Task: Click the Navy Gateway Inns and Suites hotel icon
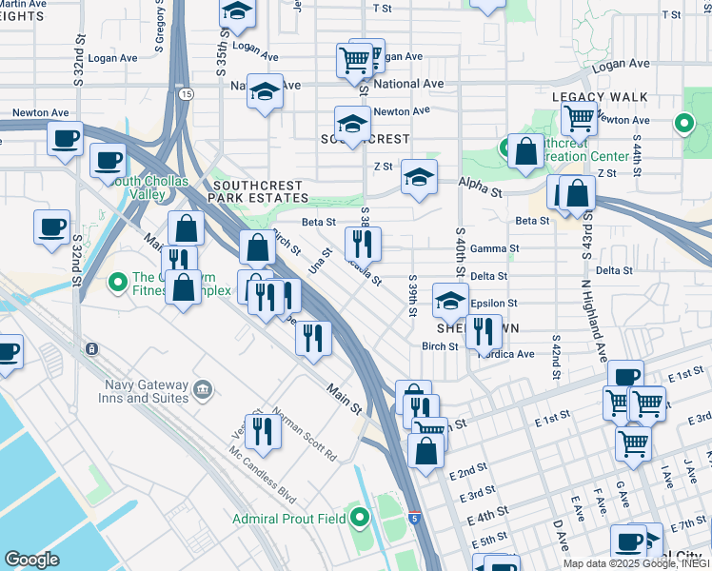[201, 389]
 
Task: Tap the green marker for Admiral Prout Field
[360, 519]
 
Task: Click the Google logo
[31, 560]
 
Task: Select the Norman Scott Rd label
[306, 436]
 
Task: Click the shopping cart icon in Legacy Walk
[578, 118]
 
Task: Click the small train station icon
[90, 348]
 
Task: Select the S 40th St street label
[461, 254]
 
